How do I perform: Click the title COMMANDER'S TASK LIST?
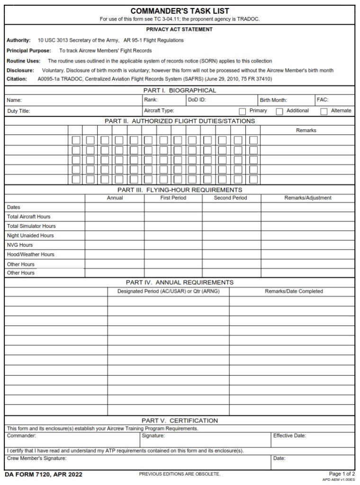click(180, 11)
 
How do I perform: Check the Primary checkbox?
click(243, 111)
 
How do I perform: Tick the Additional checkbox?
click(279, 111)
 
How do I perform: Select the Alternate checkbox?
click(324, 111)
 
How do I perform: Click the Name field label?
click(14, 100)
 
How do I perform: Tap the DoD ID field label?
click(197, 100)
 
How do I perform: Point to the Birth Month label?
click(273, 100)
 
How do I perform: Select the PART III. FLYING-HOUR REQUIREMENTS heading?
click(180, 190)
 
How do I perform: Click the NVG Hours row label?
click(20, 245)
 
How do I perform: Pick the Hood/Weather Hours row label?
click(31, 254)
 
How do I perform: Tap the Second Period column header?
click(230, 198)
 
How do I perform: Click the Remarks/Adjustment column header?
click(307, 198)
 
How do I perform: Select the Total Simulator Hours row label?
click(31, 226)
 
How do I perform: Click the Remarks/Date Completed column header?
click(294, 291)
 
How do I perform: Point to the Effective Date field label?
click(289, 435)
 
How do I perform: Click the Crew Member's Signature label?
click(36, 458)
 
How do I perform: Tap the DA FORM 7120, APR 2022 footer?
click(37, 474)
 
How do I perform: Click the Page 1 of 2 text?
click(342, 474)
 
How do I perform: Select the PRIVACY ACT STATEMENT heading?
click(180, 29)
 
